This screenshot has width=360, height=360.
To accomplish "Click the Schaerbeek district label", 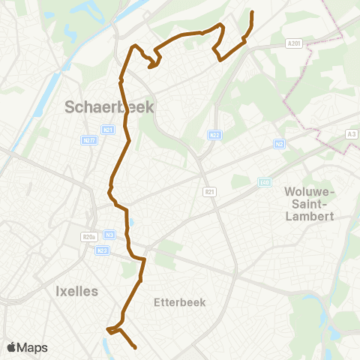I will [x=109, y=106].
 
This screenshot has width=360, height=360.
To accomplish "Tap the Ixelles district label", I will [x=77, y=291].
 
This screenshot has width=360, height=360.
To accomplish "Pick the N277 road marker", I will [x=90, y=139].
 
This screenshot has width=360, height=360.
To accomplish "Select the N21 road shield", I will [x=109, y=129].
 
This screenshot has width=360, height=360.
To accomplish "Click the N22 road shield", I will [x=214, y=135].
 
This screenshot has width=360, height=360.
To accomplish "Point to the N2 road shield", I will [x=280, y=144].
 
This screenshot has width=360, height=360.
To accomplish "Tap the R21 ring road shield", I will [x=209, y=192].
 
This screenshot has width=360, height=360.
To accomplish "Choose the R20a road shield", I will [x=89, y=237].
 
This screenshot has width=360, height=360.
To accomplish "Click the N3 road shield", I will [x=110, y=234].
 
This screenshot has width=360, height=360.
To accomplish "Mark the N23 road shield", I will [x=103, y=250].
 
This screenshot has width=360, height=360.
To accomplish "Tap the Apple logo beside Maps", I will [x=13, y=347].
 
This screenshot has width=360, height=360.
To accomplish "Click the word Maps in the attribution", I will [x=33, y=347].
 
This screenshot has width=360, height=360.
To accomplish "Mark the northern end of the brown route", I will [x=251, y=13].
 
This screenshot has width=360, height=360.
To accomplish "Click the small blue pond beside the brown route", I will [x=132, y=222].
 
